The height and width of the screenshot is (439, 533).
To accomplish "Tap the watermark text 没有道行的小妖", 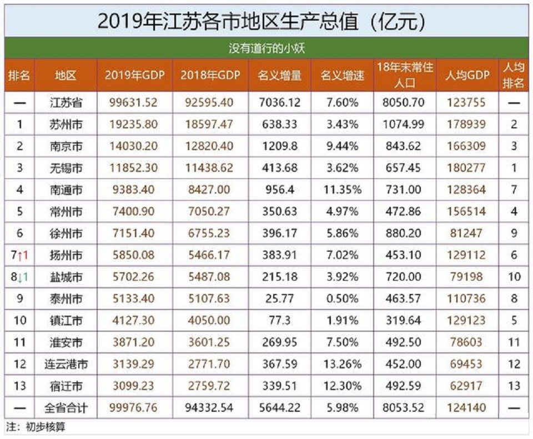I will click(266, 48).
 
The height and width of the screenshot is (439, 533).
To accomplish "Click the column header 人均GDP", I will click(466, 75).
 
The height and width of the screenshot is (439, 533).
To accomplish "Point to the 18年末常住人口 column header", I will click(404, 75).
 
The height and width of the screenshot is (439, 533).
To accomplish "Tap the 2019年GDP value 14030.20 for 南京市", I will click(134, 146).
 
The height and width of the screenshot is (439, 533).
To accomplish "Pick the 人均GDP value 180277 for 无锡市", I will click(466, 168).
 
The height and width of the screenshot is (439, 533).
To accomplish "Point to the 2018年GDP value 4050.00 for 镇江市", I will click(210, 321).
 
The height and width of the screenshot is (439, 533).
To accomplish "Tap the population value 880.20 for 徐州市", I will click(404, 233).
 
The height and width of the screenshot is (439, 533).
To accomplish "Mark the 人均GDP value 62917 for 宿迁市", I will click(466, 386).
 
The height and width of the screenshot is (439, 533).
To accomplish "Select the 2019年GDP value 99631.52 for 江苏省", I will click(134, 103).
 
